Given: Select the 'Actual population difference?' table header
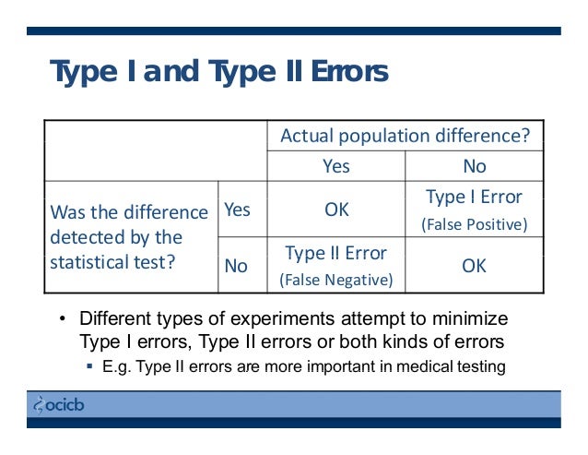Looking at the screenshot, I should point(405,137).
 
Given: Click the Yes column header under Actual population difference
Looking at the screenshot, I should point(335,167).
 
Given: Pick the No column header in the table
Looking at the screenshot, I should point(474,167).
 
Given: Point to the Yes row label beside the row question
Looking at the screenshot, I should point(237,210).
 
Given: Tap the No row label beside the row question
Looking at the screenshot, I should point(236,266).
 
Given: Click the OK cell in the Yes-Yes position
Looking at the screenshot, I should point(336,210).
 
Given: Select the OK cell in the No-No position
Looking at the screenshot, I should point(474,266).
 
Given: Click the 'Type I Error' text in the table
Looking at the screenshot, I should point(474,197).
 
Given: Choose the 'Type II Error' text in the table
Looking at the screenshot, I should point(335,253).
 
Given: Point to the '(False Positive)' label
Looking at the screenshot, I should point(474,224).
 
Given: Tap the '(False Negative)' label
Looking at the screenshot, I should point(335,280).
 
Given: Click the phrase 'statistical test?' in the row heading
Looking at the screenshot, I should point(112,261).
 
